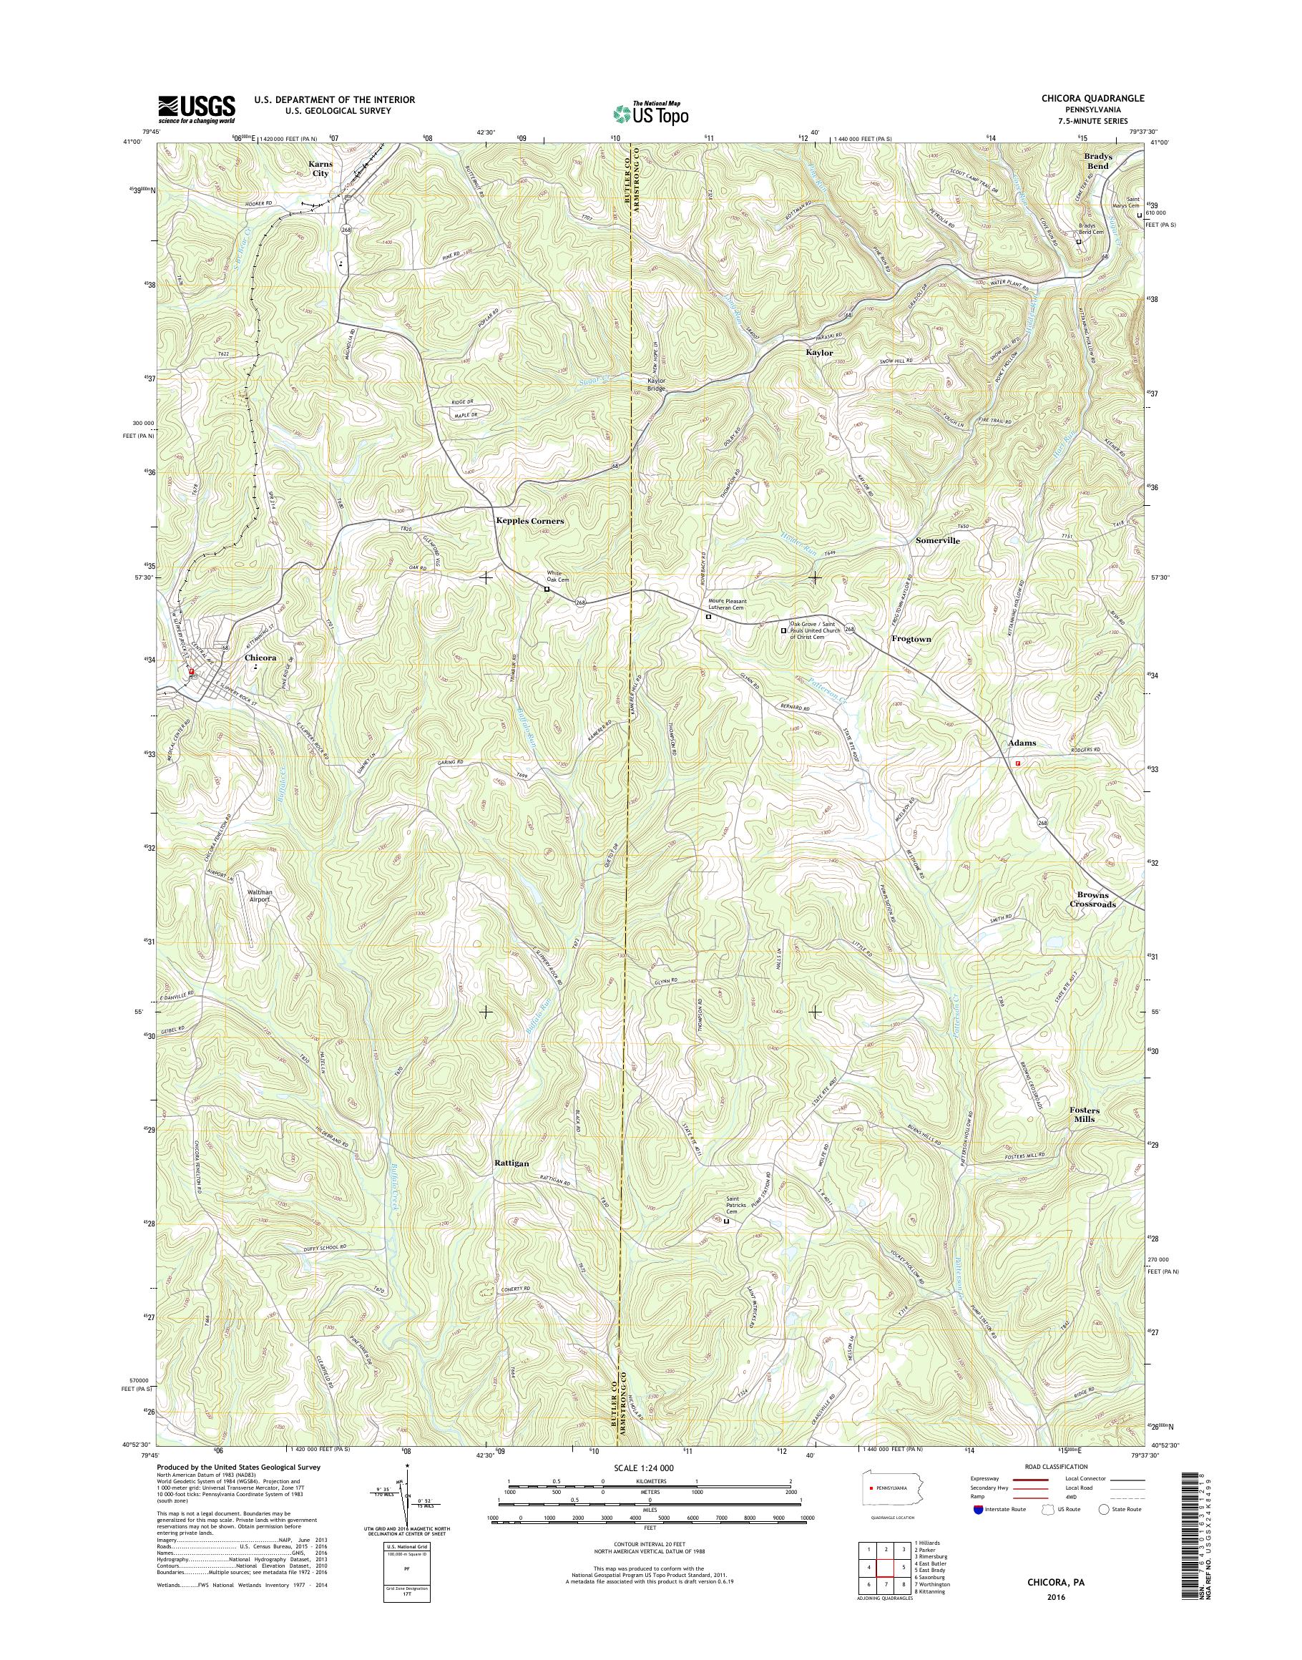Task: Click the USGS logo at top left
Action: tap(197, 109)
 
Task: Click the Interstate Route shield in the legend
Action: tap(978, 1509)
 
